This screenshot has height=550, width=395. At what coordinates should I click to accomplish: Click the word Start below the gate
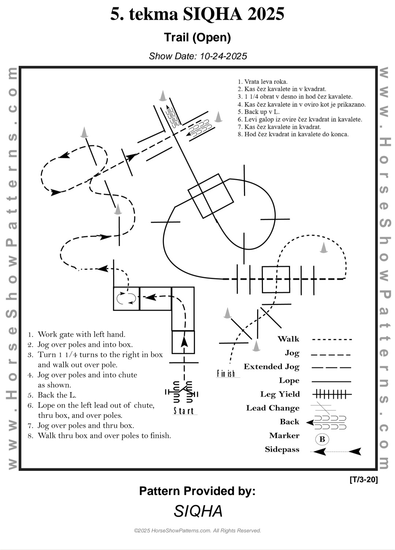[x=184, y=411]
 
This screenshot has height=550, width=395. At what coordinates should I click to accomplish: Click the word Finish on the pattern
[x=226, y=374]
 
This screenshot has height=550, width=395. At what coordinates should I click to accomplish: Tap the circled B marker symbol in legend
[x=322, y=439]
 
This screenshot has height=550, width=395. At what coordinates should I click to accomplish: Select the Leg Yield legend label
[x=280, y=394]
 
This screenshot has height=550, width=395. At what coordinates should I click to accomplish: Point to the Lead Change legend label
[x=272, y=408]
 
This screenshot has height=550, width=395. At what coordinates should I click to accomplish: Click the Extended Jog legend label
[x=271, y=367]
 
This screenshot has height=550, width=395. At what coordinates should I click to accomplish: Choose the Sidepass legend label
[x=282, y=450]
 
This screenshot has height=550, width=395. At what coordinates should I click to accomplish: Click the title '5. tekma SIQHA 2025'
[x=197, y=15]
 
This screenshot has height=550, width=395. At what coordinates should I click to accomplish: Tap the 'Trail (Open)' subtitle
[x=197, y=37]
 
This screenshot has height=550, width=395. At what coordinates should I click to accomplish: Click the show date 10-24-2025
[x=198, y=56]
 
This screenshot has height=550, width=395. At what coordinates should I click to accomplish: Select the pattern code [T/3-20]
[x=364, y=480]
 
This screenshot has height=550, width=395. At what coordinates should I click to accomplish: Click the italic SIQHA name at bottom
[x=198, y=511]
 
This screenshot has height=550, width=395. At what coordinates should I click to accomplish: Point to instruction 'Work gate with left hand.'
[x=81, y=334]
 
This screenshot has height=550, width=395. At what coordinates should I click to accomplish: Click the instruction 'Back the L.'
[x=57, y=395]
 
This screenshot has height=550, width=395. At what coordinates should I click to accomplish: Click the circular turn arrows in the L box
[x=126, y=298]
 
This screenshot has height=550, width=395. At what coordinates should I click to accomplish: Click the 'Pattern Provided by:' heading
[x=197, y=491]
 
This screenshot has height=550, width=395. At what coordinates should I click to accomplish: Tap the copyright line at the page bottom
[x=197, y=531]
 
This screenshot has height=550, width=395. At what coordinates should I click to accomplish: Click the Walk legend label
[x=288, y=339]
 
